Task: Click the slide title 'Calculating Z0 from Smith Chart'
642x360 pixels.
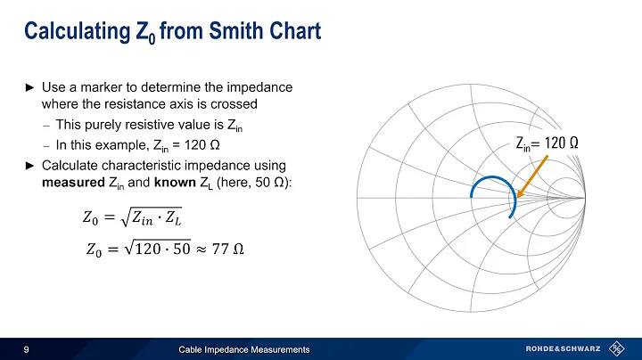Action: pos(171,32)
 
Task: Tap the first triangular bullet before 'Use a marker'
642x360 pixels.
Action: pos(29,89)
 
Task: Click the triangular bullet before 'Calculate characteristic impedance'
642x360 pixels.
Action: pos(29,168)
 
